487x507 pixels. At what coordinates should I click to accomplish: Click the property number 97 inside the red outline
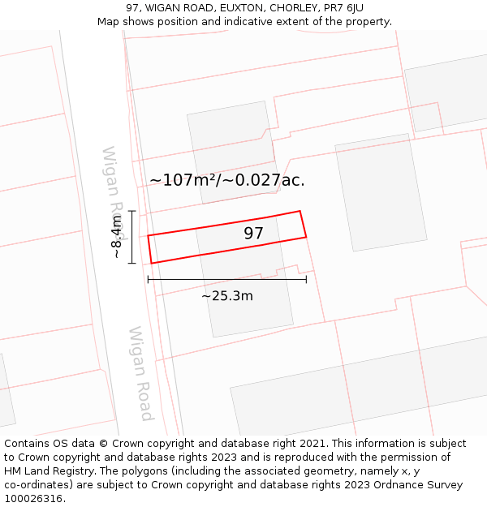(x=254, y=234)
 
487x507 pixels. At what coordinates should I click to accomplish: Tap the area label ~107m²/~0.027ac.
(x=227, y=180)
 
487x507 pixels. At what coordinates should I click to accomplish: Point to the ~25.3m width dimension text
(x=227, y=296)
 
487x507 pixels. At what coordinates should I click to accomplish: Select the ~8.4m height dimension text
(x=117, y=236)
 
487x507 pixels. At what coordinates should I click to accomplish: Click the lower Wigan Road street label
(x=140, y=374)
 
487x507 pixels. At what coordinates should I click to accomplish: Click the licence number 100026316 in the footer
(x=34, y=499)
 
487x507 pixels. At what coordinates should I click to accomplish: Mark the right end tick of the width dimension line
(x=306, y=279)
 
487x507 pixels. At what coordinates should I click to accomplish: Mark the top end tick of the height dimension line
(x=131, y=211)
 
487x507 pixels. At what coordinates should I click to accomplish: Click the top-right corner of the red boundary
(x=300, y=211)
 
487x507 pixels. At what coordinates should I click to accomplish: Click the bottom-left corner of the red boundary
(x=152, y=264)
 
